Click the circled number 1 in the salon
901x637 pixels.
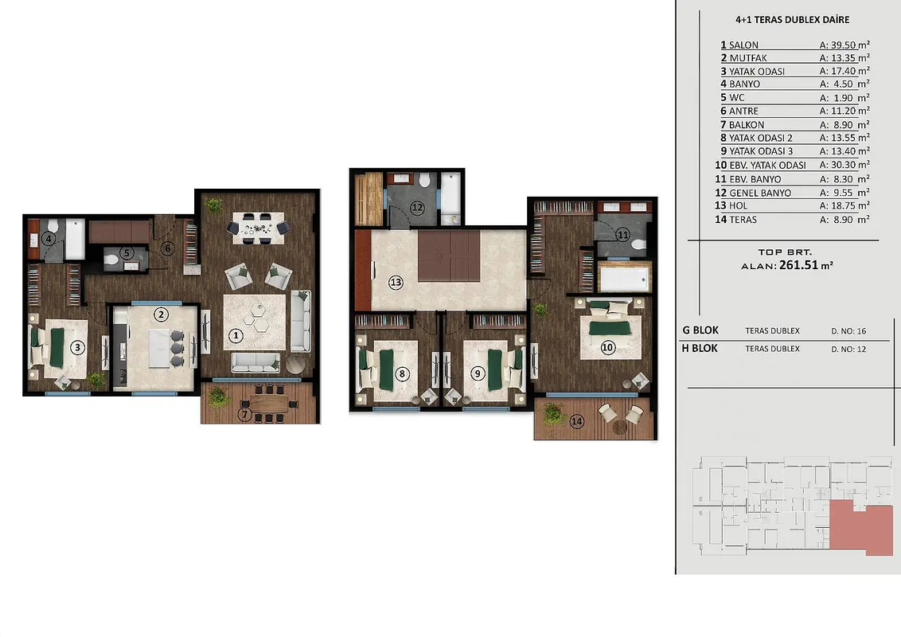point(236,335)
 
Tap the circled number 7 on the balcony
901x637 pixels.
point(245,414)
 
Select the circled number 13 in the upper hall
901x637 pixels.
point(396,283)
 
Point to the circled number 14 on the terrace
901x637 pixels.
point(577,421)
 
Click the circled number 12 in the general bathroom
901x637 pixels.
point(417,208)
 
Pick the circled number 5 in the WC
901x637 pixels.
point(127,252)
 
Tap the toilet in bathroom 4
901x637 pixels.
point(53,225)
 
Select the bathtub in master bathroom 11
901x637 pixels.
point(625,278)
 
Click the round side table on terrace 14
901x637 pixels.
point(619,427)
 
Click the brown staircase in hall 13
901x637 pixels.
point(448,256)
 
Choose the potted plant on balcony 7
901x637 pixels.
point(218,397)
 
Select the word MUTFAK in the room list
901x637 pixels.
point(748,58)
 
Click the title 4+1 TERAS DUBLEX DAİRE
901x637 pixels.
point(793,20)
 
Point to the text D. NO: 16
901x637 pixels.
point(848,331)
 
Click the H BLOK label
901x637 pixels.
point(700,349)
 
